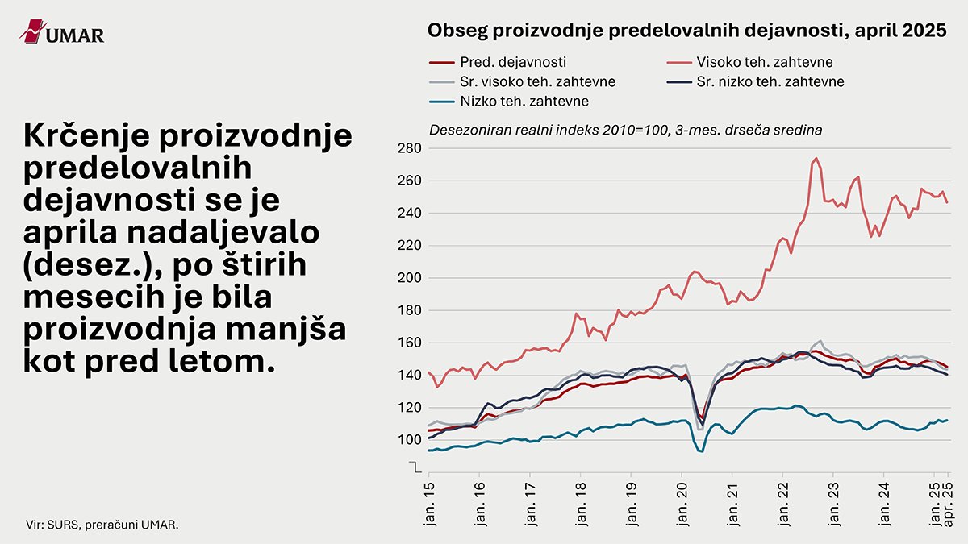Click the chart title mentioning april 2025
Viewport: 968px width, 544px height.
point(686,31)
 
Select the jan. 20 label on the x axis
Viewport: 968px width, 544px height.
point(682,503)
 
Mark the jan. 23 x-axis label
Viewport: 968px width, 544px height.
point(833,503)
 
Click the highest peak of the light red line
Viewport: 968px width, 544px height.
point(816,158)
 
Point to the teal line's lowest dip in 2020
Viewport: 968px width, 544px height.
point(701,451)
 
